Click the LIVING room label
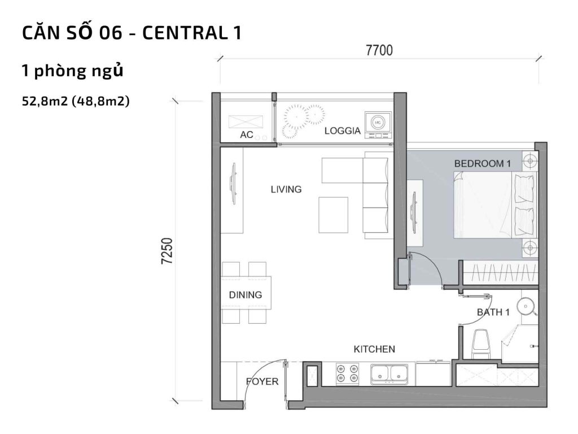pos(286,189)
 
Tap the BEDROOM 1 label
pos(482,163)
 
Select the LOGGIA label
pos(342,131)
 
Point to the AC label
pos(247,134)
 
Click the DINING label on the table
pos(245,295)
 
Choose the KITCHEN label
pos(374,349)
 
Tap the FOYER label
pos(262,381)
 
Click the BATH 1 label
pos(493,312)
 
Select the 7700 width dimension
pos(379,51)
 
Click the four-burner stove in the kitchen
pos(347,374)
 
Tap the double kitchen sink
pos(391,374)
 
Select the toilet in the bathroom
pos(481,342)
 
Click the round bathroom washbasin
pos(527,306)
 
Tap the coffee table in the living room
pos(333,214)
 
